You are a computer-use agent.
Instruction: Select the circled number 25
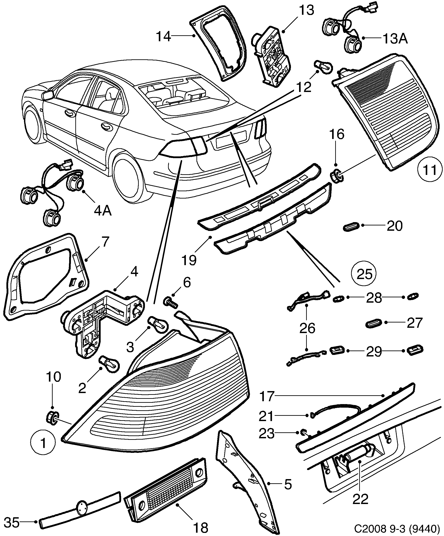point(364,274)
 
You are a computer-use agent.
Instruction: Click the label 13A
point(395,39)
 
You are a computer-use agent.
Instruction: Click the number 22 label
point(360,499)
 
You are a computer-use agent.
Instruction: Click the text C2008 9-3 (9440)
point(397,528)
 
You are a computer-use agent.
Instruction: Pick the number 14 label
point(163,36)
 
